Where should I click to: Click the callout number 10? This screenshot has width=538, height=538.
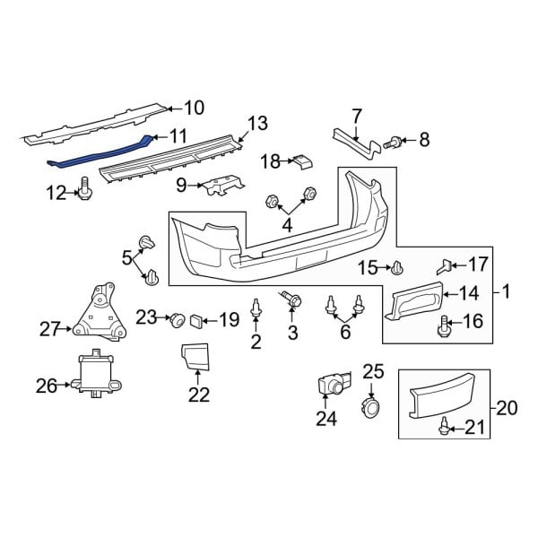click(x=194, y=108)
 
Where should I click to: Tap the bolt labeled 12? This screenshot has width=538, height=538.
click(x=86, y=188)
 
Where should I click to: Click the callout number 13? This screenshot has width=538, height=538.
click(x=257, y=123)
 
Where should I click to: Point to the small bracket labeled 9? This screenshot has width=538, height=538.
click(x=221, y=187)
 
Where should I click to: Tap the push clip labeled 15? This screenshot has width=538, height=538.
click(x=397, y=266)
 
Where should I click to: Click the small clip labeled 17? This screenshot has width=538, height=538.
click(x=443, y=265)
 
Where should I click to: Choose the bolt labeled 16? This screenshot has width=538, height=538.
click(x=443, y=326)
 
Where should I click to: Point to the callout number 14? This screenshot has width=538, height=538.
click(x=470, y=291)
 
